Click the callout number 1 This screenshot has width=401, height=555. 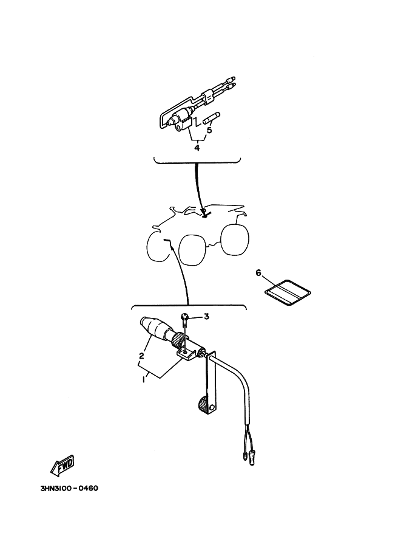point(144,379)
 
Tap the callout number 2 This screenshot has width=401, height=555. point(142,356)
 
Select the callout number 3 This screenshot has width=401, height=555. point(207,316)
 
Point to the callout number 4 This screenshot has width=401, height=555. point(197,148)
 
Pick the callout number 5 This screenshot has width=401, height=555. point(209,130)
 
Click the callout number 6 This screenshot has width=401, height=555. point(258,273)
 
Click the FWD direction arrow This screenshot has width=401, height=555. point(62,466)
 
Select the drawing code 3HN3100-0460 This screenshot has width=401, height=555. point(69,489)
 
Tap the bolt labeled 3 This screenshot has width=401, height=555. point(185,321)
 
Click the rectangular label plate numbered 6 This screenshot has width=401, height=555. point(288,293)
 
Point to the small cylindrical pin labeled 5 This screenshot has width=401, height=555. point(212,118)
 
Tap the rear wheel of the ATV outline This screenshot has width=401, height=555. point(235,239)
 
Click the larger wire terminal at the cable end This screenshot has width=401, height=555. point(252,458)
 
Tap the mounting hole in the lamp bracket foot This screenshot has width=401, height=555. point(186,352)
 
